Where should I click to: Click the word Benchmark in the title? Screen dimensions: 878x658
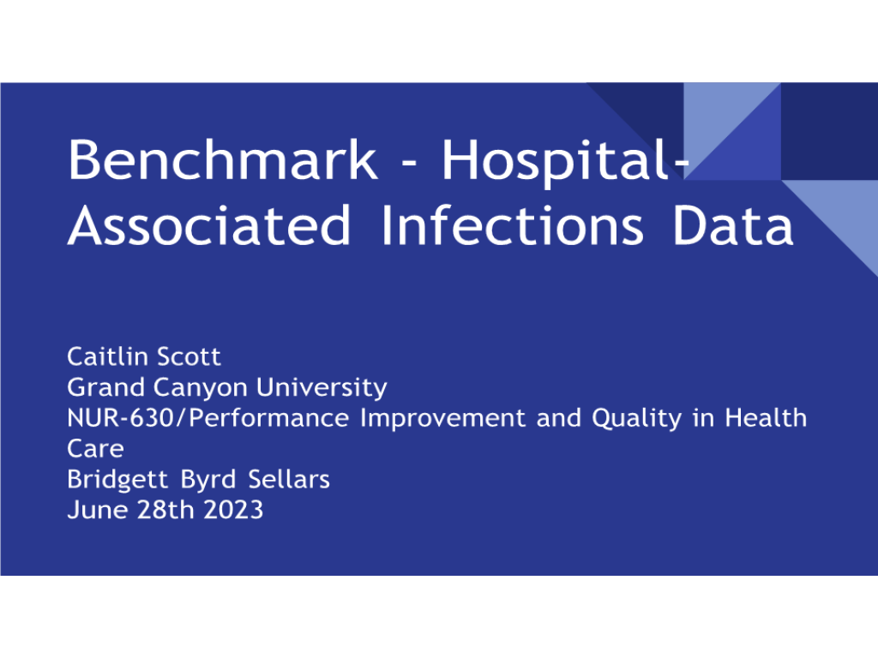[223, 159]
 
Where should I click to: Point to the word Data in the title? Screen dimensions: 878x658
[733, 225]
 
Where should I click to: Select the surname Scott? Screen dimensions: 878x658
[189, 357]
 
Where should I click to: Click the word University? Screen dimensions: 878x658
[322, 388]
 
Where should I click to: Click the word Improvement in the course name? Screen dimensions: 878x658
[442, 419]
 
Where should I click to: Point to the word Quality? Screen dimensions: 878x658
[637, 419]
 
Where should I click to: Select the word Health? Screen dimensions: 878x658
[766, 418]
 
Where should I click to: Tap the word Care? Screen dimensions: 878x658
[95, 449]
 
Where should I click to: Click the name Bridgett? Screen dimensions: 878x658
[117, 480]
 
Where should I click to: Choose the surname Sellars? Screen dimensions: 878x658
[289, 480]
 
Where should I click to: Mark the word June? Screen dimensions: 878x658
[98, 511]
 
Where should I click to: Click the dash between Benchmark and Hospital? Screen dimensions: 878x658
[410, 164]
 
